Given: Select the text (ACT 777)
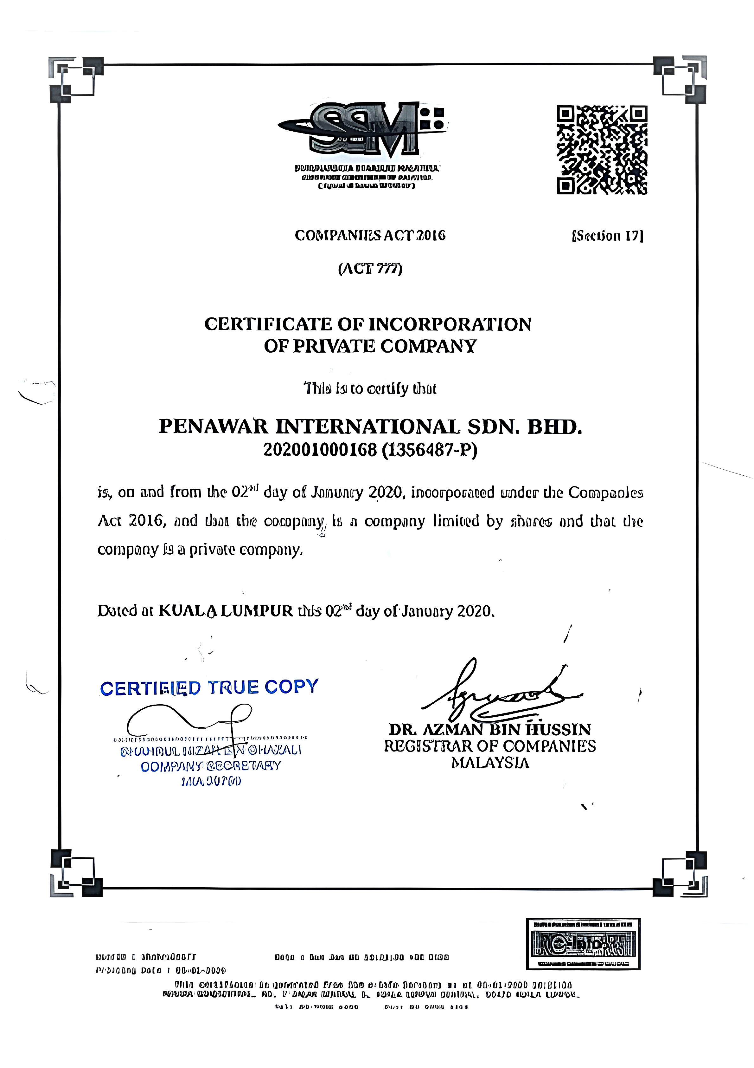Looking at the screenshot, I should [370, 269].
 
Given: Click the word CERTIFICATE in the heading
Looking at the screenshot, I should [268, 324].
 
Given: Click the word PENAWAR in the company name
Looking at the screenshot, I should [214, 427].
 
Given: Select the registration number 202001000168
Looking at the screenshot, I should [320, 450].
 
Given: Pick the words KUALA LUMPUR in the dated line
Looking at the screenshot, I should [226, 611].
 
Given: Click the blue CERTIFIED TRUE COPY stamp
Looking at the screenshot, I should [209, 687].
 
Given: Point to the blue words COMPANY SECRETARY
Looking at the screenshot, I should [211, 766].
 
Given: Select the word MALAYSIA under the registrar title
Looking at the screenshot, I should [490, 763].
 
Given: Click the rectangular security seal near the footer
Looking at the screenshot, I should [583, 943].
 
